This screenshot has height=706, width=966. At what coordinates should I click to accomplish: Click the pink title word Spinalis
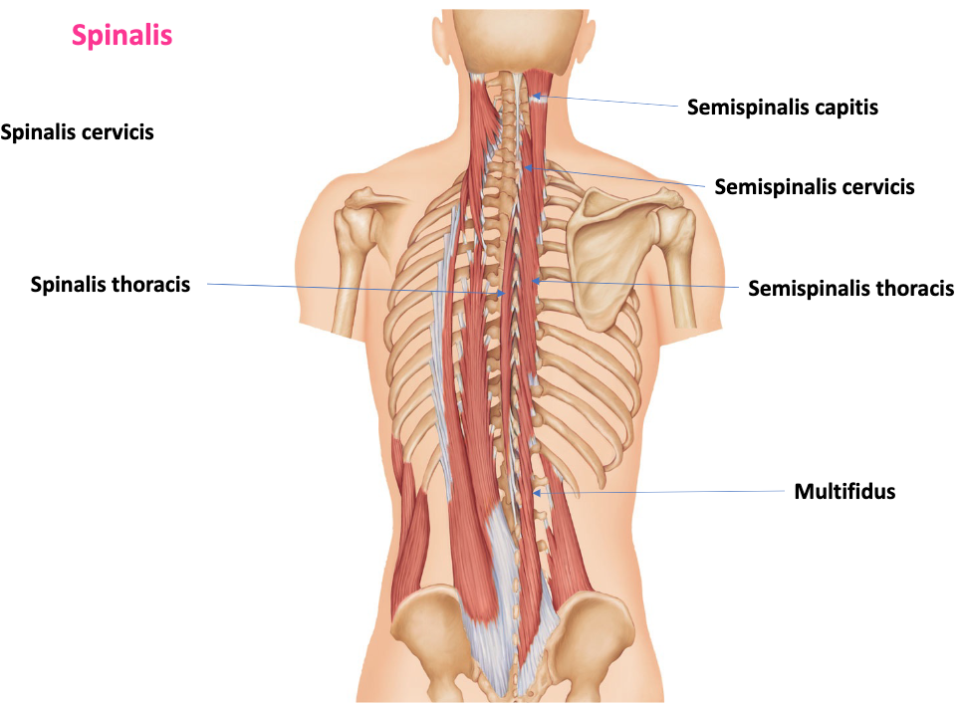click(x=122, y=36)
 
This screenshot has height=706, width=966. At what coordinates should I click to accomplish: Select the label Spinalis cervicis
click(x=78, y=131)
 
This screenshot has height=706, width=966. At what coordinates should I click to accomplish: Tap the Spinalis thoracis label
click(x=110, y=285)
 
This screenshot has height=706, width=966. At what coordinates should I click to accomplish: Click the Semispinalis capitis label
click(x=783, y=107)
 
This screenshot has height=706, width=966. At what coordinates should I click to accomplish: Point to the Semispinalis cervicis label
click(x=814, y=186)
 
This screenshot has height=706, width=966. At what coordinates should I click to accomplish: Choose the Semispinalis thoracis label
click(x=850, y=289)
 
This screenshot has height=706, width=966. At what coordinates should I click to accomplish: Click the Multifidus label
click(x=845, y=491)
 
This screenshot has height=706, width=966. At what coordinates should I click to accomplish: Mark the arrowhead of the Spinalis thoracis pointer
click(x=503, y=294)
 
